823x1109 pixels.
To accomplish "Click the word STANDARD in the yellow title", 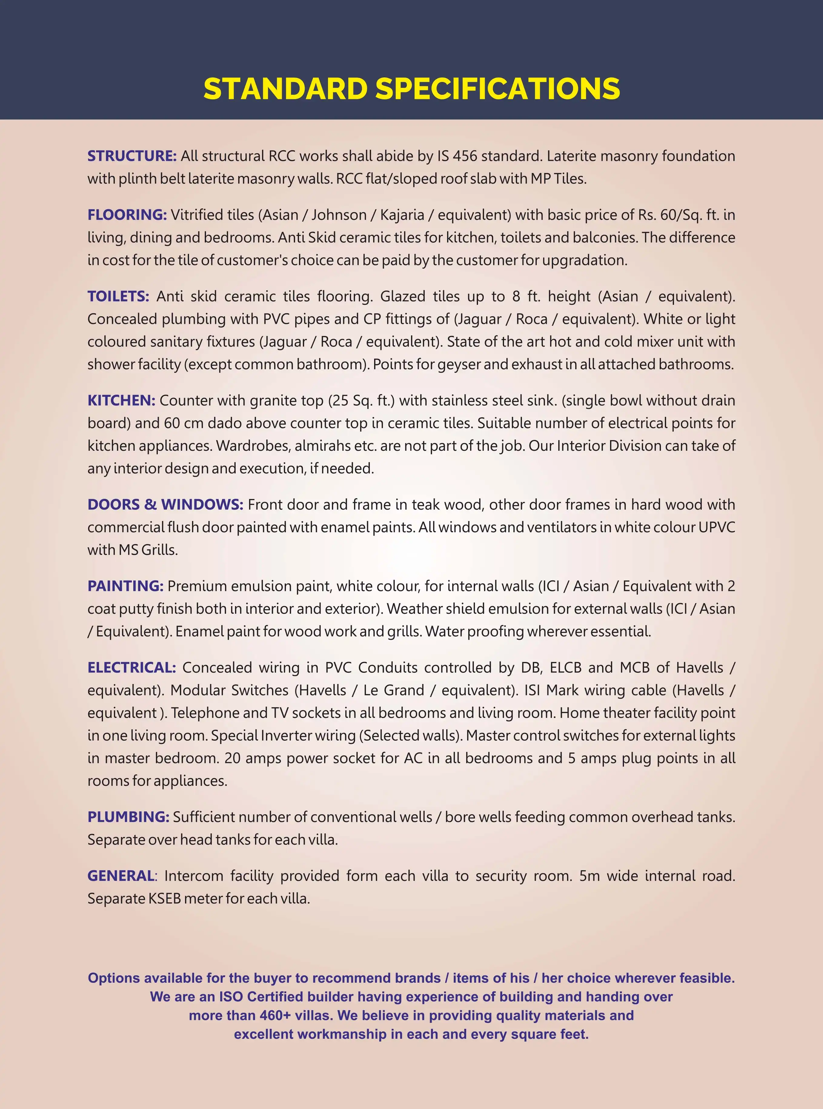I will (285, 89).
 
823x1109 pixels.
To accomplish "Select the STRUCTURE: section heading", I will (132, 156).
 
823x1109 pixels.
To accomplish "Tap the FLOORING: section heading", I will (127, 215).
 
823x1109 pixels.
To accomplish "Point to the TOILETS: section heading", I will (118, 297).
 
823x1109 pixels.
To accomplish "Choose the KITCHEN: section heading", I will (121, 400).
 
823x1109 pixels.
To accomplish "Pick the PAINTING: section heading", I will (125, 586).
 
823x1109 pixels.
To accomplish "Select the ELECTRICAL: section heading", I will (131, 668).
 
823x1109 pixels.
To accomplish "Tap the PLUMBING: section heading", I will (128, 817).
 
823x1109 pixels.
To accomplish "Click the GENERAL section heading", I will (121, 876).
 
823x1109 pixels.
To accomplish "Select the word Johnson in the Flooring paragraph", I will (339, 215).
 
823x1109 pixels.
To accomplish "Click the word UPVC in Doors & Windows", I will (716, 527).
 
